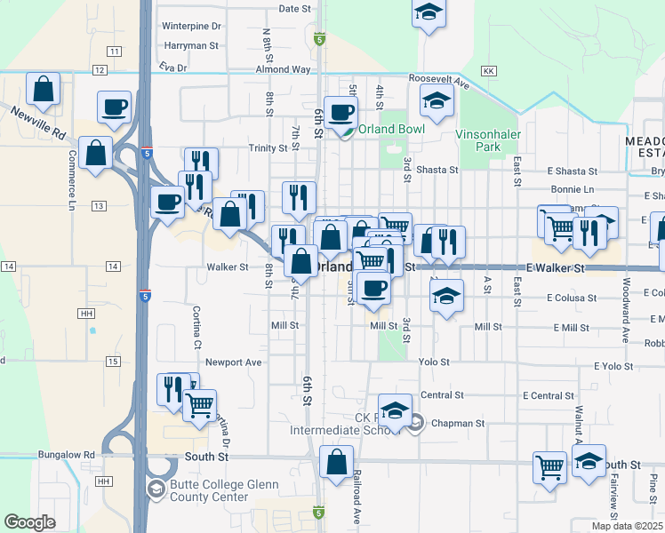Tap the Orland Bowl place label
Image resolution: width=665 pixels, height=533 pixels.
tap(391, 129)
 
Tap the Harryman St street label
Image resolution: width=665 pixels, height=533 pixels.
tap(190, 45)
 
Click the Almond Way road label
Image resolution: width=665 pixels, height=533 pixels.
tap(283, 68)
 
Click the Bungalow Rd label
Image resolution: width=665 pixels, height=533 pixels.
tap(66, 455)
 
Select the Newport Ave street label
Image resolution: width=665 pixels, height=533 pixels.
tap(234, 362)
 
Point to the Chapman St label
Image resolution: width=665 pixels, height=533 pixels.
tap(458, 424)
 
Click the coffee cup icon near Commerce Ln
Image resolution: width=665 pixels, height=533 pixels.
tap(115, 107)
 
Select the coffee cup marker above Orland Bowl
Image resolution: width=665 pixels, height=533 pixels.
tap(341, 112)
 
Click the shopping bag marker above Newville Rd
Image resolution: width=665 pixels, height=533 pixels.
tap(43, 89)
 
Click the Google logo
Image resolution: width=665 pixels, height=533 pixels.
tap(29, 522)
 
